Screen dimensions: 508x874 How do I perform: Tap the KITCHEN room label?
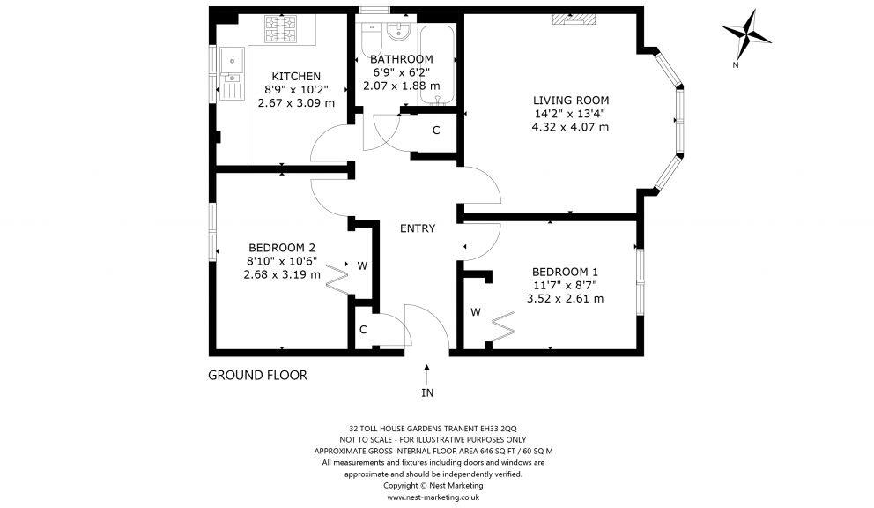pos(295,77)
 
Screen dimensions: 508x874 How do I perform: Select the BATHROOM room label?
pos(402,59)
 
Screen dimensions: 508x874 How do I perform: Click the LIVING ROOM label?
pos(570,100)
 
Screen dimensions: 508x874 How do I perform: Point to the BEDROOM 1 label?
pos(565,272)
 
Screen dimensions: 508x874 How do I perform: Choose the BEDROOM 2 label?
pos(282,248)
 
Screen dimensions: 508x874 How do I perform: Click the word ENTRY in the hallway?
pos(418,228)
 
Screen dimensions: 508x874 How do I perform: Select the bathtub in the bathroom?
pos(437,63)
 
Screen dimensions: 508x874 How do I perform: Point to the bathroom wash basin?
pos(399,33)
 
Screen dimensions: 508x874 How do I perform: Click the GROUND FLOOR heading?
pos(257,375)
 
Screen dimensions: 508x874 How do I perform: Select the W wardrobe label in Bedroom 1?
pos(475,312)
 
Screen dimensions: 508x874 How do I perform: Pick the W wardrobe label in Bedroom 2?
pos(362,265)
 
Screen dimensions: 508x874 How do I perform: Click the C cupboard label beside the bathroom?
pos(435,131)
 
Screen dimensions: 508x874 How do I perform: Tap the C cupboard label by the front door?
pos(363,330)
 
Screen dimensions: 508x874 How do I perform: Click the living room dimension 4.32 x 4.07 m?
pos(570,127)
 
